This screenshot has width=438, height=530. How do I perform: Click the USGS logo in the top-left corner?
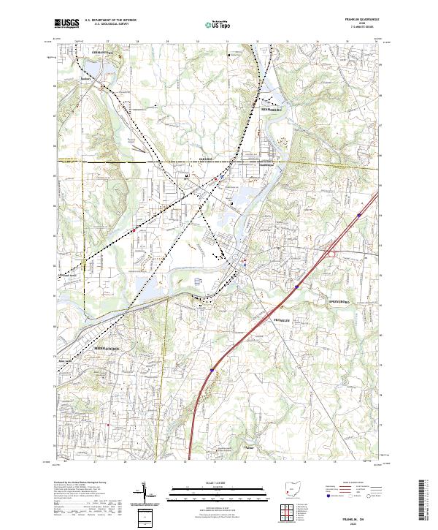[66, 23]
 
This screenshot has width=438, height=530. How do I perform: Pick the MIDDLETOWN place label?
[107, 349]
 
